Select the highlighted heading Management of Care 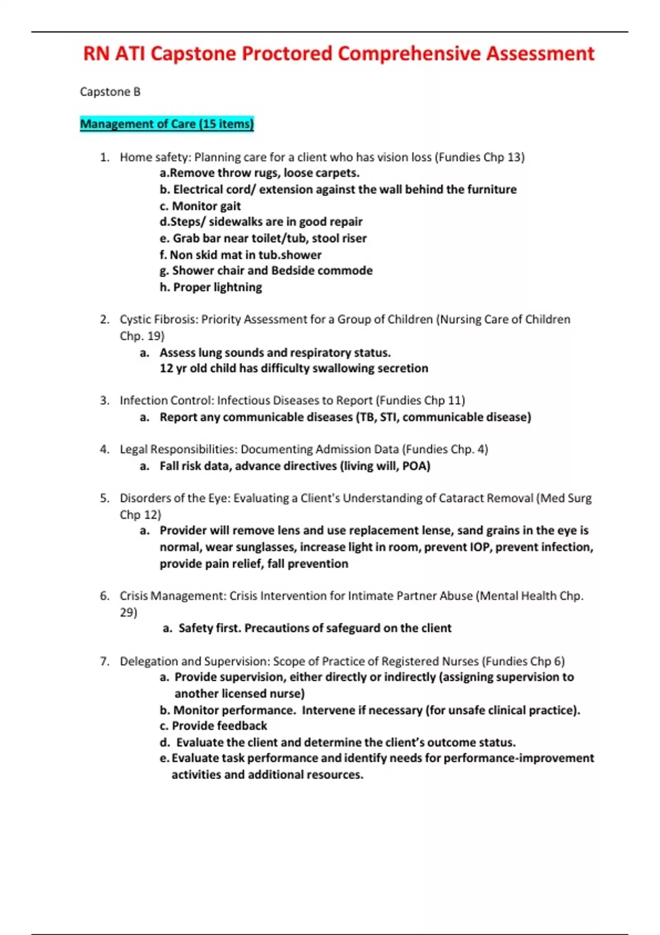(167, 124)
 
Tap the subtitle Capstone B (110, 92)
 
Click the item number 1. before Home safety (105, 157)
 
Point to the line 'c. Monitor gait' (200, 206)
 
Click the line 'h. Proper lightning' (211, 287)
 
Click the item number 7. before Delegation (105, 661)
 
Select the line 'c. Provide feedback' (213, 726)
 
